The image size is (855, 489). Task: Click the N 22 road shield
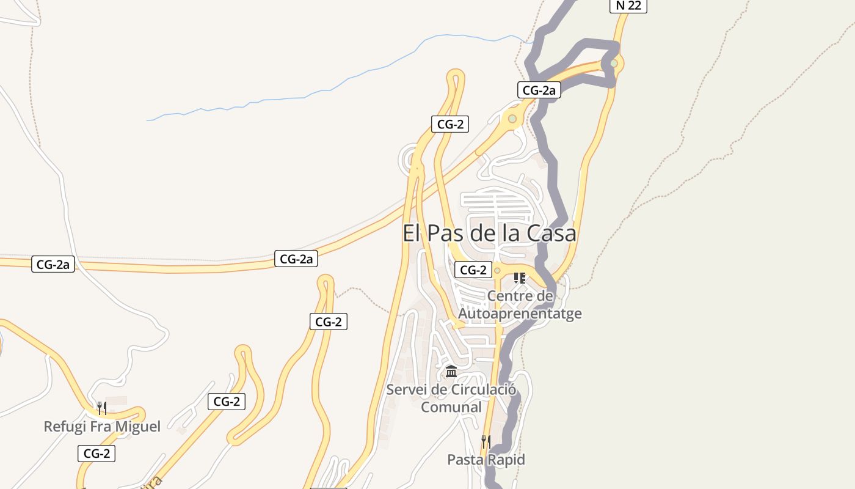click(x=628, y=6)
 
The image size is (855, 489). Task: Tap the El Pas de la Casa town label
click(x=489, y=233)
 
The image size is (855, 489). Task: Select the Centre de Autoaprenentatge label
click(x=520, y=305)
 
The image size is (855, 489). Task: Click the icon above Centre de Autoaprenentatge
click(x=520, y=278)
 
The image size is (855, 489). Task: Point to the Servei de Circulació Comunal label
click(x=451, y=398)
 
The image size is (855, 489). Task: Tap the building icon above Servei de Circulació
click(x=451, y=371)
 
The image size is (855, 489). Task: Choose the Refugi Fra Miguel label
click(x=102, y=426)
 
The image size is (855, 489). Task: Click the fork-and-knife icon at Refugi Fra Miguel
click(x=102, y=408)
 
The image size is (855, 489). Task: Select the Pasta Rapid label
click(x=486, y=459)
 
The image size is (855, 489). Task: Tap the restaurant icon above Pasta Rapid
click(x=486, y=441)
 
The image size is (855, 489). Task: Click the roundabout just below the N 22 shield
click(x=614, y=63)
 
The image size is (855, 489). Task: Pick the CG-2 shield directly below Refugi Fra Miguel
click(x=96, y=454)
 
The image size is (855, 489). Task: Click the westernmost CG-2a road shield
click(x=53, y=265)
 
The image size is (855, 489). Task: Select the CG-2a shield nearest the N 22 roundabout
click(x=539, y=90)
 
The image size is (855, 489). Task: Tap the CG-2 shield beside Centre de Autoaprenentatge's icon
click(x=473, y=270)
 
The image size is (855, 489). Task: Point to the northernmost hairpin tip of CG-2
click(x=455, y=75)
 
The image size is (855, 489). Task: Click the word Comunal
click(x=451, y=407)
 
